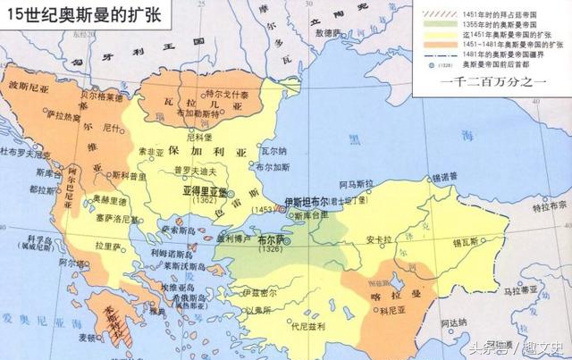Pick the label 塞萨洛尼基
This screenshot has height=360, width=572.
117,219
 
